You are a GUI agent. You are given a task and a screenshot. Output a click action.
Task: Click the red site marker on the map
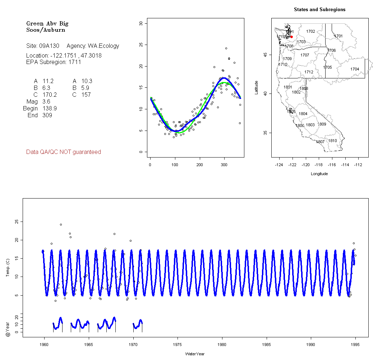(x=291, y=37)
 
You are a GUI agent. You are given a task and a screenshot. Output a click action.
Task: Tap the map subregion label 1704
(x=355, y=69)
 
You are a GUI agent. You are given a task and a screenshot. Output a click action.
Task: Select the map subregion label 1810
(x=333, y=141)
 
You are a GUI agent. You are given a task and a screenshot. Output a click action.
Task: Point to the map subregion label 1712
(x=309, y=72)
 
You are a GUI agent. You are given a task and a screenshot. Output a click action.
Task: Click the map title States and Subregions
(x=319, y=10)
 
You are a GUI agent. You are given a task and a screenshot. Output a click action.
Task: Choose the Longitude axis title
(x=319, y=174)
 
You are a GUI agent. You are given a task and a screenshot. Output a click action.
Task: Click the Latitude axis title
(x=257, y=88)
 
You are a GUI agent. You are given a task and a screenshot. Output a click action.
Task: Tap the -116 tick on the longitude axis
(x=332, y=165)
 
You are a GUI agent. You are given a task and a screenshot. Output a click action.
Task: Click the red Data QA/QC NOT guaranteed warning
(x=64, y=152)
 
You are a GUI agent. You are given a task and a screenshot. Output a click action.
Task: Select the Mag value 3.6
(x=46, y=102)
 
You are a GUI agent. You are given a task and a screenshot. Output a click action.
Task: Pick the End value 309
(x=47, y=115)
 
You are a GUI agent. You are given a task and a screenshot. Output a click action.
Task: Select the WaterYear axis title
(x=195, y=354)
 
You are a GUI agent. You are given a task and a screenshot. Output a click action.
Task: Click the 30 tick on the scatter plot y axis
(x=141, y=23)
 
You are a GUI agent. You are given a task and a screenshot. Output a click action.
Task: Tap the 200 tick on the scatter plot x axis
(x=199, y=165)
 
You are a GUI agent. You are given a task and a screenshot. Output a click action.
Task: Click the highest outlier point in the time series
(x=61, y=224)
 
